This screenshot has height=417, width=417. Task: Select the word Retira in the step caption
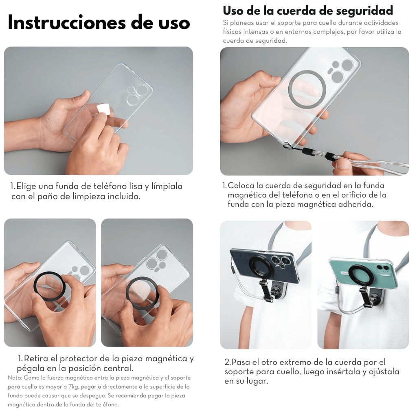click(x=36, y=358)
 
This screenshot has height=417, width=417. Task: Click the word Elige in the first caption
click(x=26, y=186)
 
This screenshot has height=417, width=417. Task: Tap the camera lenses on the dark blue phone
click(x=280, y=261)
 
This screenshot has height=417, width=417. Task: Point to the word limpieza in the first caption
click(x=90, y=196)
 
